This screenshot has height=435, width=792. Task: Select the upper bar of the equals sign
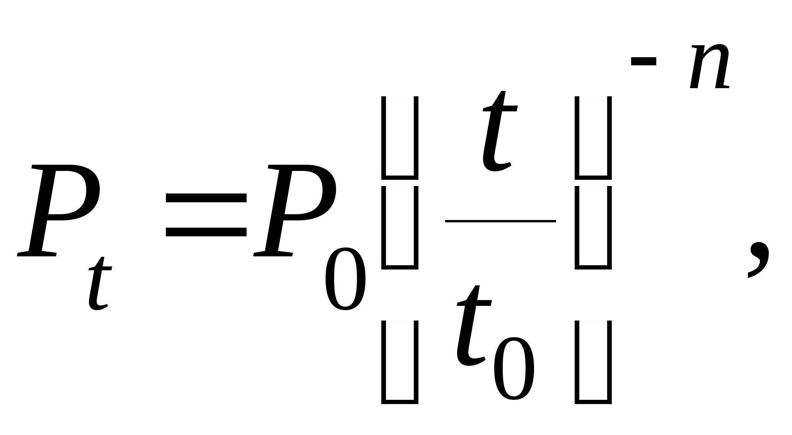click(x=206, y=198)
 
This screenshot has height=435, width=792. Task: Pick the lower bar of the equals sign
click(x=206, y=232)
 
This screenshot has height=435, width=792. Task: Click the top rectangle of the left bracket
click(x=399, y=138)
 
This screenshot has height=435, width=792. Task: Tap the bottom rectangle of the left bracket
click(x=399, y=362)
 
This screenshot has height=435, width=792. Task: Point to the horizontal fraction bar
click(x=500, y=221)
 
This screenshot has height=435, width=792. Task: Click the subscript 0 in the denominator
click(x=514, y=368)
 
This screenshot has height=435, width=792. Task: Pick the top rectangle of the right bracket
click(x=593, y=138)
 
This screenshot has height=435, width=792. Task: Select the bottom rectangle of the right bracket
click(x=593, y=362)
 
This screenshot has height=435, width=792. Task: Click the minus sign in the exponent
click(x=643, y=61)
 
